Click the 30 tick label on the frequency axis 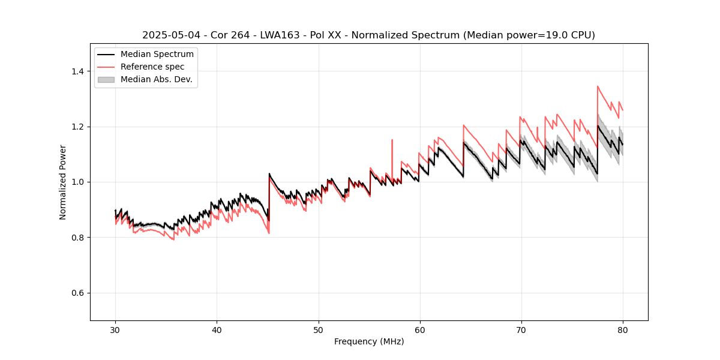pyautogui.click(x=115, y=330)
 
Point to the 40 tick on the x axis pyautogui.click(x=217, y=330)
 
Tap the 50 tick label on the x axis pyautogui.click(x=318, y=330)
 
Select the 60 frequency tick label pyautogui.click(x=419, y=330)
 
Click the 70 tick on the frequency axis pyautogui.click(x=521, y=330)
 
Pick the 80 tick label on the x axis pyautogui.click(x=622, y=330)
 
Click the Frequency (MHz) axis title pyautogui.click(x=369, y=342)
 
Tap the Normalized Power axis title pyautogui.click(x=63, y=182)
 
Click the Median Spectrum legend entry pyautogui.click(x=157, y=55)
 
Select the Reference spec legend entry pyautogui.click(x=152, y=67)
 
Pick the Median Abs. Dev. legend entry pyautogui.click(x=156, y=79)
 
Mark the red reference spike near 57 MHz pyautogui.click(x=392, y=140)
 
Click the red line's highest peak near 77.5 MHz pyautogui.click(x=598, y=86)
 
